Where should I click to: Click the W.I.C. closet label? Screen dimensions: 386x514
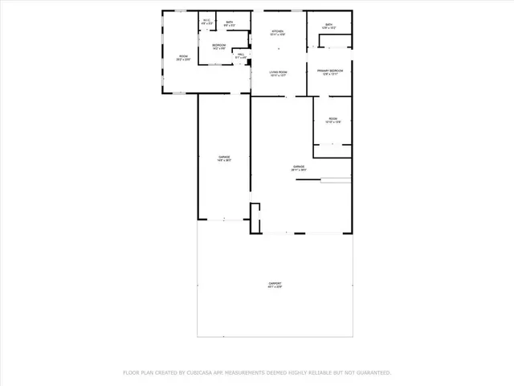[x=206, y=21]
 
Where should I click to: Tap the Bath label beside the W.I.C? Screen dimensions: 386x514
[x=230, y=22]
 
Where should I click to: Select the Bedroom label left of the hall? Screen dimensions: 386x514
[x=218, y=45]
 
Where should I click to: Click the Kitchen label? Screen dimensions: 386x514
[x=278, y=31]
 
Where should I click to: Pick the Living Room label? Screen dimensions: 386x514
[x=278, y=72]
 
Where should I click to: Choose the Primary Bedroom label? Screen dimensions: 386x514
[x=329, y=72]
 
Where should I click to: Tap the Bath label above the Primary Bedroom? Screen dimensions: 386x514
[x=329, y=25]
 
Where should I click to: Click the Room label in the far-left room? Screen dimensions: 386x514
[x=183, y=56]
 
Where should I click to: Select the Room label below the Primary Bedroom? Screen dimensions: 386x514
[x=332, y=119]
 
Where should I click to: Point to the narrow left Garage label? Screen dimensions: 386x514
[x=224, y=157]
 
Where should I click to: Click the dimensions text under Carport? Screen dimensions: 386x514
[x=275, y=289]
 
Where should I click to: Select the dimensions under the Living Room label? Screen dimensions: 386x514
[x=278, y=76]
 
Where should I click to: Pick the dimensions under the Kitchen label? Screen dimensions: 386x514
[x=278, y=35]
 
